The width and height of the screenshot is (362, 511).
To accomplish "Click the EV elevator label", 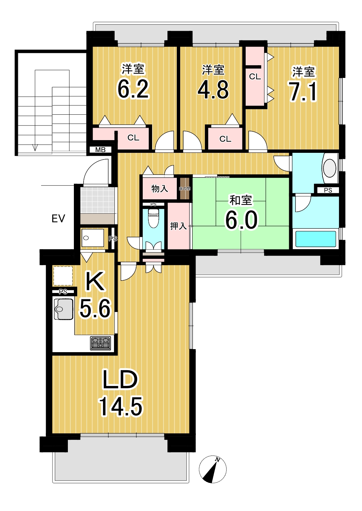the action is pyautogui.click(x=58, y=218).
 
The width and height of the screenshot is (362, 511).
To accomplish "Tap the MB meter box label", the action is pyautogui.click(x=100, y=149).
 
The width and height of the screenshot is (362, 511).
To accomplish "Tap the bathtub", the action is pyautogui.click(x=316, y=239).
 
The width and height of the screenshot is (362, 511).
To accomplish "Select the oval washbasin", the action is pyautogui.click(x=329, y=168).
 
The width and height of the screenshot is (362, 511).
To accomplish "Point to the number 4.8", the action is pyautogui.click(x=213, y=89).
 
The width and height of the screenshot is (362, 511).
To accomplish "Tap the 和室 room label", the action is pyautogui.click(x=241, y=200).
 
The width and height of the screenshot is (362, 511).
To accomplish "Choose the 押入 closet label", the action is pyautogui.click(x=178, y=226).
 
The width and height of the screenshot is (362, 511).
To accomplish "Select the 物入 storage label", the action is pyautogui.click(x=159, y=188).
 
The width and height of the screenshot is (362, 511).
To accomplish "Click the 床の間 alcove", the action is pyautogui.click(x=184, y=189).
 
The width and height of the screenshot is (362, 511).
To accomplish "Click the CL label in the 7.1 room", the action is pyautogui.click(x=255, y=77).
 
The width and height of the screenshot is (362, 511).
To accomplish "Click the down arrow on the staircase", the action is pyautogui.click(x=35, y=147).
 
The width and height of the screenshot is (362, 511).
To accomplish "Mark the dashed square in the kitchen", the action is pyautogui.click(x=63, y=276).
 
